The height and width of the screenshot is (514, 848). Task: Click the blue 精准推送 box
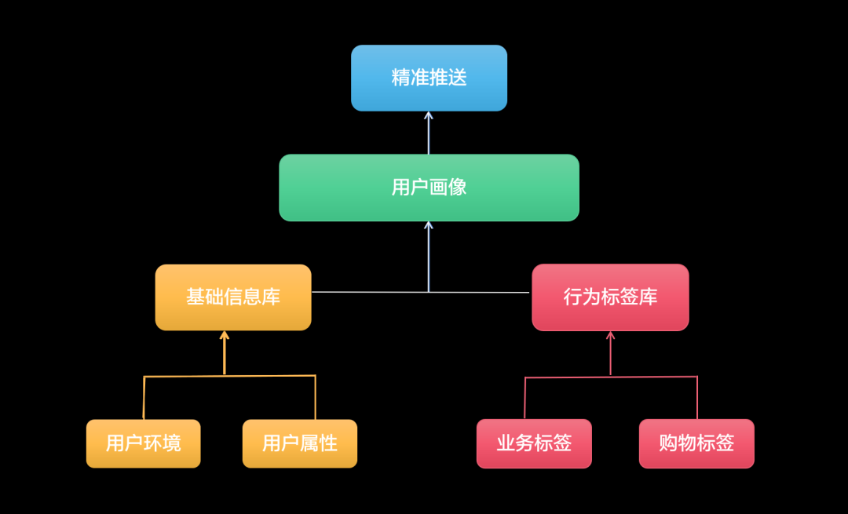(x=429, y=78)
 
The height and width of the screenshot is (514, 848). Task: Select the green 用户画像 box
(x=429, y=188)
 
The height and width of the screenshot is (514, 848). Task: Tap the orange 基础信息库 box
(x=233, y=297)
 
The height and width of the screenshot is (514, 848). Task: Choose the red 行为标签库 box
(x=610, y=297)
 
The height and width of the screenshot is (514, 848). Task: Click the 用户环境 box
(x=143, y=443)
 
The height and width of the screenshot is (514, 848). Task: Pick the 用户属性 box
(x=299, y=443)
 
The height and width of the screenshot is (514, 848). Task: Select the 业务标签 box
(x=534, y=443)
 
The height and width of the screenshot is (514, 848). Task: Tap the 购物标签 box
(x=696, y=443)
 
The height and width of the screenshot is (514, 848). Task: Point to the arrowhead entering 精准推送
(x=429, y=115)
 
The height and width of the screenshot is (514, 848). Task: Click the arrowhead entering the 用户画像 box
(x=429, y=225)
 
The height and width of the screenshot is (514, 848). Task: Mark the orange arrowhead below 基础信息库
(x=225, y=335)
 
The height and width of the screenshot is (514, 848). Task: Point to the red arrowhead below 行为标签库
(x=610, y=335)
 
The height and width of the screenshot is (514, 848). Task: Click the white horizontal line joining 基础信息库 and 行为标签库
(x=369, y=292)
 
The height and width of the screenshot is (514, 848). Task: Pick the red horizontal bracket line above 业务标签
(x=565, y=377)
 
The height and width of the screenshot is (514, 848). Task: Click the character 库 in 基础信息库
(x=271, y=297)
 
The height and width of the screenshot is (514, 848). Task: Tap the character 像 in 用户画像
(x=458, y=188)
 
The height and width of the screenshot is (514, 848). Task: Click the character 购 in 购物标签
(x=668, y=443)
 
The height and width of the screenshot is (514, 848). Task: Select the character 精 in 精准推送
(x=400, y=78)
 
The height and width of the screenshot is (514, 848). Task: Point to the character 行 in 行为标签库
(x=573, y=297)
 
